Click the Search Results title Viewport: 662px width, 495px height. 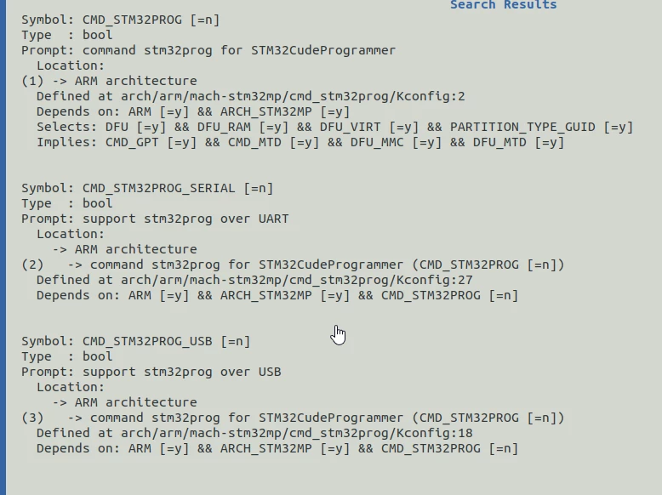(x=503, y=4)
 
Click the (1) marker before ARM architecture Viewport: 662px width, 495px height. (x=32, y=81)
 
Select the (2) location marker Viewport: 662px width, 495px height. (x=32, y=265)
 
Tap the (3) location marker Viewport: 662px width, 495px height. (x=32, y=418)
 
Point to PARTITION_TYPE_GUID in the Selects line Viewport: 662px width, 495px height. (x=522, y=127)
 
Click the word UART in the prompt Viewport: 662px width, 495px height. (x=274, y=219)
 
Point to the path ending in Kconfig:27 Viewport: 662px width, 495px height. (x=297, y=280)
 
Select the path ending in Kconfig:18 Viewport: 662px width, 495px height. (x=297, y=434)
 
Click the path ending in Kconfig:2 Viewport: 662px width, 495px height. (x=293, y=96)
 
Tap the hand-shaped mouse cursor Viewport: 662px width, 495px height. (x=338, y=335)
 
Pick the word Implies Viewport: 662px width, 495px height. (x=66, y=142)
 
